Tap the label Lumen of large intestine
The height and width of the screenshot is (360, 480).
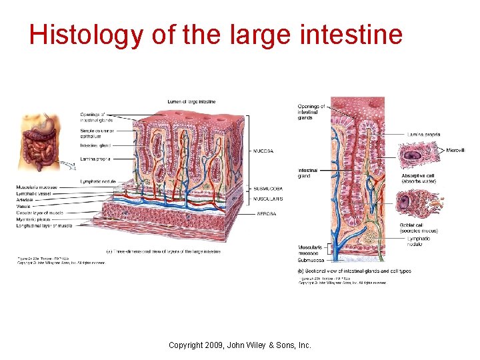point(191,101)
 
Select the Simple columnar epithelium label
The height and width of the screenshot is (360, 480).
point(96,133)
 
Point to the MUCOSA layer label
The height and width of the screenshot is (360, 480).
point(263,151)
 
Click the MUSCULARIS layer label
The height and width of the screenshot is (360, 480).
point(268,199)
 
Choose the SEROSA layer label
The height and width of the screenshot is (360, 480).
point(266,214)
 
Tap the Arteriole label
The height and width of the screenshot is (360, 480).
point(25,200)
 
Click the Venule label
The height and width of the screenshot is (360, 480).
point(23,207)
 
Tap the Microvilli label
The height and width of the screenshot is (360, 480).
point(456,151)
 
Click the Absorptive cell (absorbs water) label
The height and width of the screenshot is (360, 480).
point(419,179)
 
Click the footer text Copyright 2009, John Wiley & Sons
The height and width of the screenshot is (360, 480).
point(239,345)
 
